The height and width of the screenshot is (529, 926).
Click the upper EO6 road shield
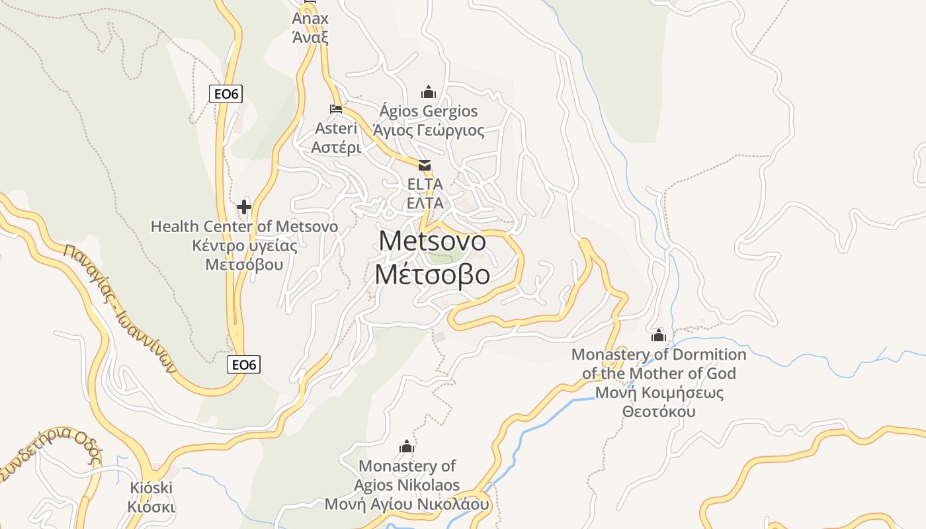(226, 94)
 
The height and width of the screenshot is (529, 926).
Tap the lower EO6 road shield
(243, 364)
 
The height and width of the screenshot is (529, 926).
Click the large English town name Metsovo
(433, 241)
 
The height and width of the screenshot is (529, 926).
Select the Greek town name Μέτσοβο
(433, 274)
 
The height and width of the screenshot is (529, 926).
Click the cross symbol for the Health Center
(244, 207)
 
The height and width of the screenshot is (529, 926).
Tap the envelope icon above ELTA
(425, 165)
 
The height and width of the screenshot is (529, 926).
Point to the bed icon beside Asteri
(336, 109)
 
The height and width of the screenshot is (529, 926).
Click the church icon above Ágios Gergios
(429, 92)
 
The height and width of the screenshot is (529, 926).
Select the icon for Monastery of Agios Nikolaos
(407, 447)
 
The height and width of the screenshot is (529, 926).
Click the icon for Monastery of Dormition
(658, 335)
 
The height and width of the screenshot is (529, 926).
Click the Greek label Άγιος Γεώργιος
(429, 130)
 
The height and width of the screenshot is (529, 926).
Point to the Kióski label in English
(151, 489)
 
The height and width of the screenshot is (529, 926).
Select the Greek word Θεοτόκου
(659, 411)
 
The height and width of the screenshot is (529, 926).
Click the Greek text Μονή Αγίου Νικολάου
(407, 505)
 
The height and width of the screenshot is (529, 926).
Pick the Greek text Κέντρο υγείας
(244, 246)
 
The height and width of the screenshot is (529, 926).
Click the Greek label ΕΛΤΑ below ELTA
(425, 203)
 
